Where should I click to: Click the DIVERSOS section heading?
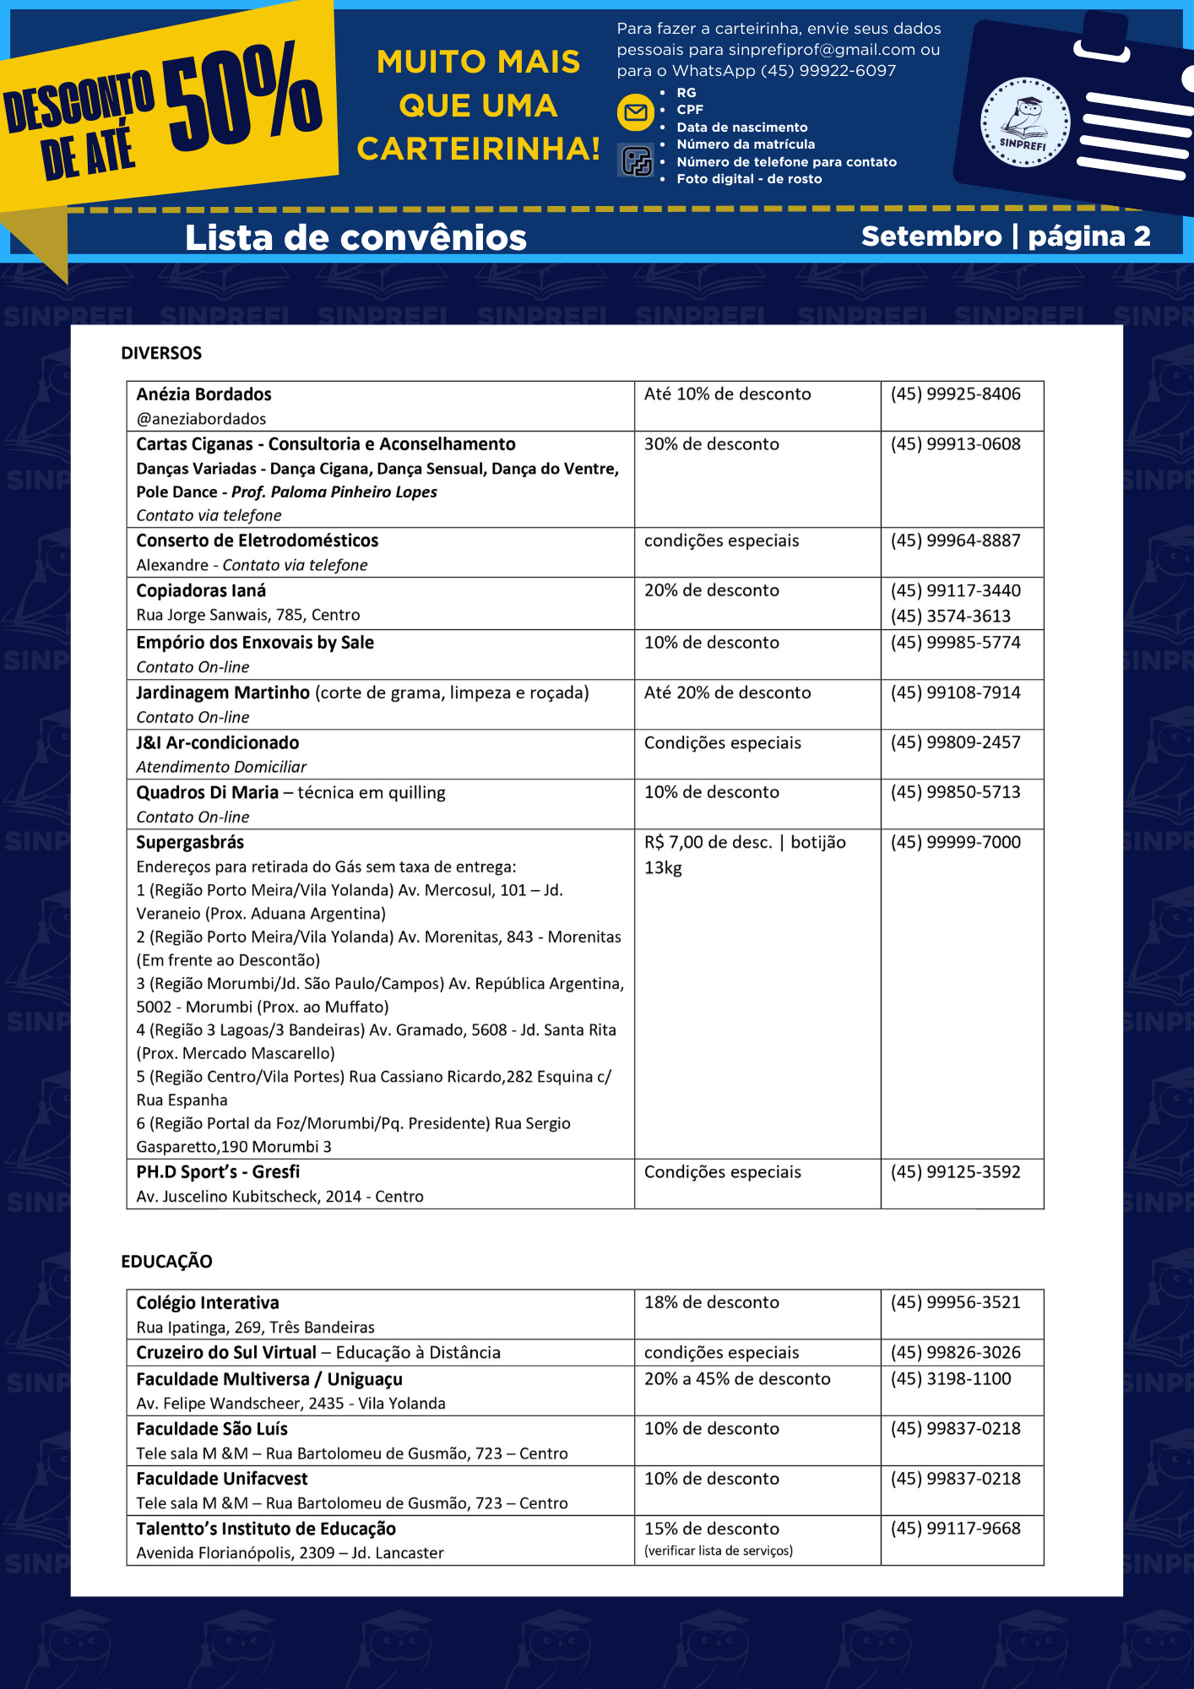pos(161,353)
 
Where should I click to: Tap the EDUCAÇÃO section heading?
pos(166,1261)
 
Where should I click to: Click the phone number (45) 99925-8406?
pos(955,394)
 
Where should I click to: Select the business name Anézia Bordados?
pos(204,394)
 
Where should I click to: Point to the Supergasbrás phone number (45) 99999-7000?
pos(955,842)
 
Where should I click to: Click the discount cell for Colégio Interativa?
pos(711,1302)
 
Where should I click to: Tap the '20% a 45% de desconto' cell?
pos(737,1378)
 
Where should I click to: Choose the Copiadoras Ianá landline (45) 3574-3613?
pos(950,616)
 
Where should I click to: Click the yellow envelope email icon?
pos(636,112)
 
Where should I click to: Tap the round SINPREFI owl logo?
pos(1024,122)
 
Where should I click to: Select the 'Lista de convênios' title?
pos(355,237)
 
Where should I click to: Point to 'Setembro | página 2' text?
pos(1006,236)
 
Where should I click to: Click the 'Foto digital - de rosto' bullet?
pos(749,179)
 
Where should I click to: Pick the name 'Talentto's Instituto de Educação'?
pos(266,1529)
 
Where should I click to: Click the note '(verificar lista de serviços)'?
pos(718,1551)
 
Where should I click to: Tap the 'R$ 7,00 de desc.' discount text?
pos(708,842)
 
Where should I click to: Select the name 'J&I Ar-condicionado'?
pos(218,742)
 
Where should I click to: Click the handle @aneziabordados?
pos(201,419)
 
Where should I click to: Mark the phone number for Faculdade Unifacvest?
pos(955,1478)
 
